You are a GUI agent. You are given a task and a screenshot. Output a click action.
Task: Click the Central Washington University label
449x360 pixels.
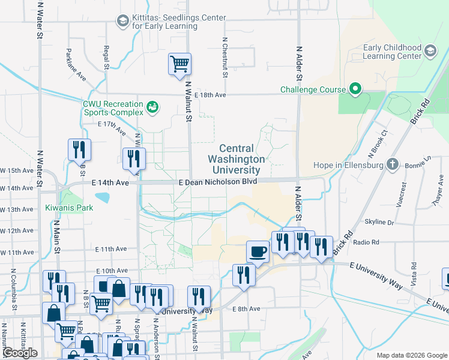(236, 159)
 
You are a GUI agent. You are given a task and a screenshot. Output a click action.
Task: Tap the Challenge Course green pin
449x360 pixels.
(355, 90)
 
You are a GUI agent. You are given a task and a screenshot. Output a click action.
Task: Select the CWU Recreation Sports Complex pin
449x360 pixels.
(153, 107)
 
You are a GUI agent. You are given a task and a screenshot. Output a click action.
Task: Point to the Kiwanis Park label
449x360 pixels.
(68, 208)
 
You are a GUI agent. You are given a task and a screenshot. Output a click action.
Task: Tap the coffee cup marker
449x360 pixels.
(258, 251)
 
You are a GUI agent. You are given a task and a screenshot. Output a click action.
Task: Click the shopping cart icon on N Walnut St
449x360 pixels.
(179, 64)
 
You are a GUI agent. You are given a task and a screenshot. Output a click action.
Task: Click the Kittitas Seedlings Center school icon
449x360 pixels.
(123, 22)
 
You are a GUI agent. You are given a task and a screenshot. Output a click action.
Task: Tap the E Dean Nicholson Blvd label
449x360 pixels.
(218, 181)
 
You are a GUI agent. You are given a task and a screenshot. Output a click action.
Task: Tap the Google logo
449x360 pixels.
(20, 353)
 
